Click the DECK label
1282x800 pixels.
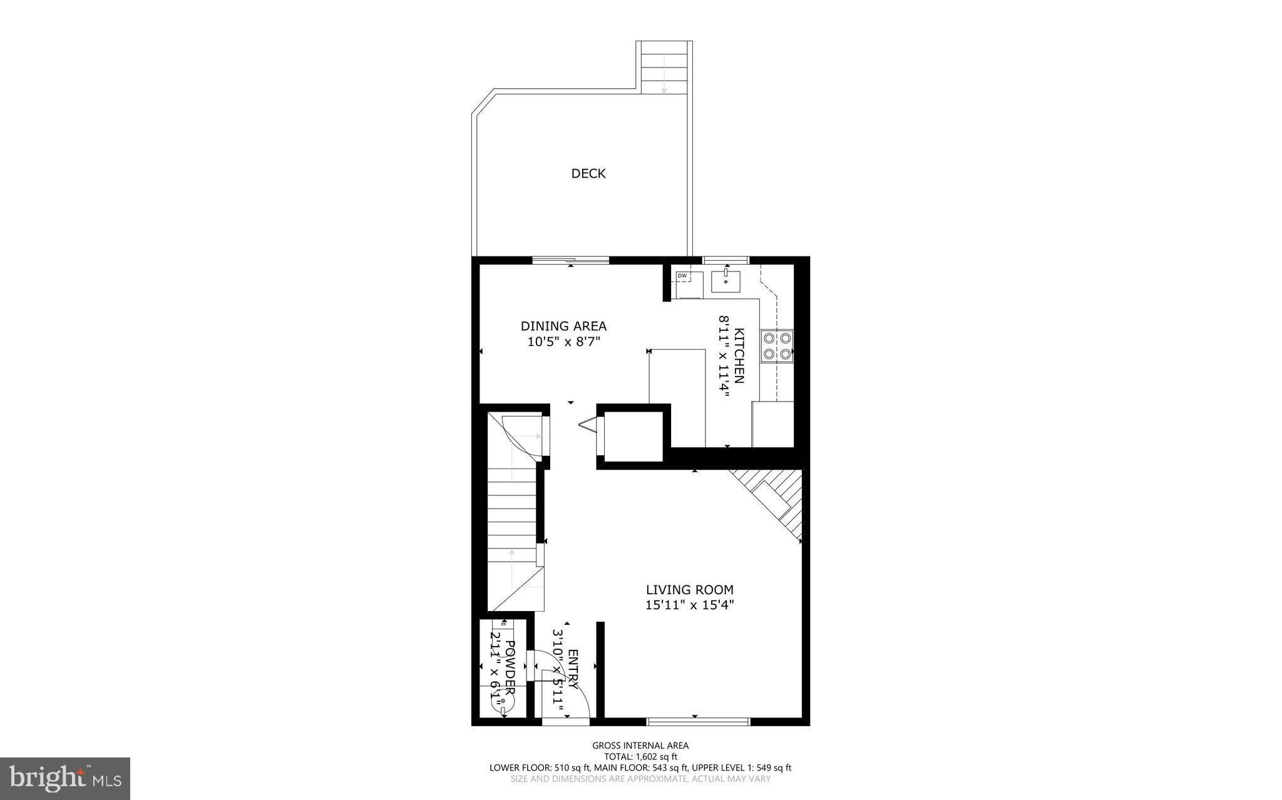(x=588, y=173)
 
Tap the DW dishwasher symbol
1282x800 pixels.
(x=682, y=276)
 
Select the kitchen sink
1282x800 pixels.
(x=726, y=281)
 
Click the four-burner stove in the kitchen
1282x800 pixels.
(x=776, y=346)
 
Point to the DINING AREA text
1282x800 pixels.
(x=563, y=326)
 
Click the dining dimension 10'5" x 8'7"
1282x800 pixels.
(x=563, y=342)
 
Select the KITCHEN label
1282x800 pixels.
(x=739, y=355)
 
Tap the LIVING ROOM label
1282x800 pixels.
(x=689, y=590)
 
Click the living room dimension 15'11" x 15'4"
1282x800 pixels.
(x=689, y=605)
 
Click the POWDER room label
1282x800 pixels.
(x=510, y=669)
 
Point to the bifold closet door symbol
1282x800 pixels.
(x=589, y=426)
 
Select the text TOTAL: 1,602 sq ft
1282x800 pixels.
(x=640, y=756)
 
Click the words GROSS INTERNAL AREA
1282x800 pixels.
(x=640, y=745)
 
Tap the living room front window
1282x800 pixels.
(x=698, y=721)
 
